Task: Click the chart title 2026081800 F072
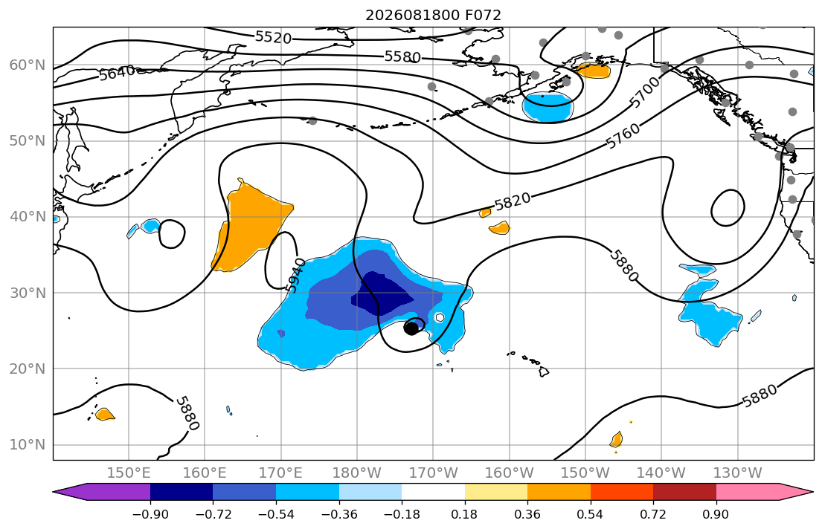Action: (433, 15)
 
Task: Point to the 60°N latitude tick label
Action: (28, 65)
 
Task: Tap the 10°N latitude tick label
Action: (28, 445)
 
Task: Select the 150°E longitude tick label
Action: (129, 473)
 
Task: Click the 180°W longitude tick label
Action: (357, 473)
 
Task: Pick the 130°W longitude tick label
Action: (738, 473)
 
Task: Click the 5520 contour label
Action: (273, 37)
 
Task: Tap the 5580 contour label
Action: (402, 56)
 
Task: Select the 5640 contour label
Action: (117, 72)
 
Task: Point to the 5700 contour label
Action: (644, 92)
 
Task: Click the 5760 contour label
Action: (623, 136)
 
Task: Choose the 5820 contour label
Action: (513, 201)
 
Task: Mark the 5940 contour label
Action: (295, 275)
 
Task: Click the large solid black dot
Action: (411, 328)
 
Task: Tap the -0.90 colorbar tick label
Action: (150, 514)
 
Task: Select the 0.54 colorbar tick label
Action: (591, 514)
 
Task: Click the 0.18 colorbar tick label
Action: (464, 514)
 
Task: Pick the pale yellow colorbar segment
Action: (496, 492)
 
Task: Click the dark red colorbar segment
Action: (684, 492)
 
